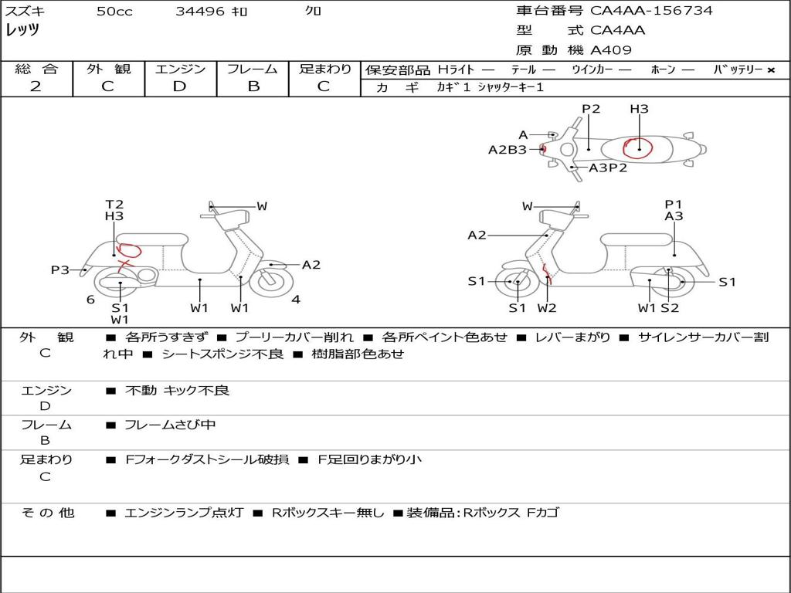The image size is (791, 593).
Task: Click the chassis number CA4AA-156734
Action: pos(651,11)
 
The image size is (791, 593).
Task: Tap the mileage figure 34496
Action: pos(200,11)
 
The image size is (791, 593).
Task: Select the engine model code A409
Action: pos(611,50)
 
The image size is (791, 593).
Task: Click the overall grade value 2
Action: pos(36,86)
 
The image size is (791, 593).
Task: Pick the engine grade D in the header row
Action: pos(179,86)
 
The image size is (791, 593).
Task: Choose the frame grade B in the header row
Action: pos(253,86)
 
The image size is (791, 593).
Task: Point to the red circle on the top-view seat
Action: pos(637,147)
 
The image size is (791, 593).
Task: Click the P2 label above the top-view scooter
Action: pos(591,109)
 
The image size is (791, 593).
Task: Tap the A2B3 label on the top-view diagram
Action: pos(508,150)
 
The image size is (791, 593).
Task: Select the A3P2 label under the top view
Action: pos(608,168)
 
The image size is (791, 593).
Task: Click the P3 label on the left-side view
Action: pos(60,270)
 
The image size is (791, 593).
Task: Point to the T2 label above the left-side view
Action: pos(114,204)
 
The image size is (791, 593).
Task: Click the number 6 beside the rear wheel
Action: pos(90,300)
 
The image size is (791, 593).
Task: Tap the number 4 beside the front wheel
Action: pos(296,300)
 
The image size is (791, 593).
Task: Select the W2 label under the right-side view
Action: pos(546,308)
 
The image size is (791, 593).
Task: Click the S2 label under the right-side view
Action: pos(670,308)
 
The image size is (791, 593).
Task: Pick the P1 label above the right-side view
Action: pos(673,204)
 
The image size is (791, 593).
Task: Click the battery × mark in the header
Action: pos(771,70)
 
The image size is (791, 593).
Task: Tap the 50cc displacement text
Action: pos(114,11)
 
